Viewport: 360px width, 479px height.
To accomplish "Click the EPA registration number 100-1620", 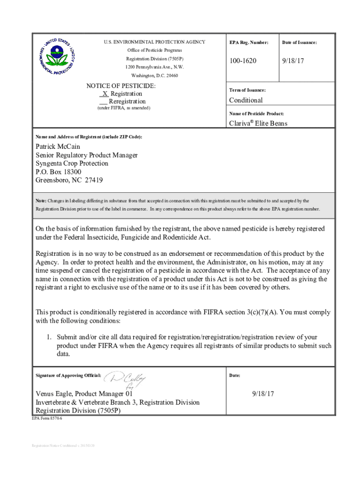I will point(243,61).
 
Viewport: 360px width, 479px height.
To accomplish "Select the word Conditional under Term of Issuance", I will point(245,100).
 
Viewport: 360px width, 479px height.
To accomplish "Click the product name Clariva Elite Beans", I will point(258,123).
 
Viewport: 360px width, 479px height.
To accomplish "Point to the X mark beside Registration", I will point(105,94).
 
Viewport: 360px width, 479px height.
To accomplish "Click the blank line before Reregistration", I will point(103,102).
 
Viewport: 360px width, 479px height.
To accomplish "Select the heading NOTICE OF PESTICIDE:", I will point(121,86).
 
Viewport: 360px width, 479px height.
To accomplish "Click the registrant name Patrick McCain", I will point(57,147).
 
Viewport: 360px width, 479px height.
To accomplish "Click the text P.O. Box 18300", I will point(59,172).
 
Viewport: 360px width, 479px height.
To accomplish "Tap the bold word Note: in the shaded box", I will point(42,201).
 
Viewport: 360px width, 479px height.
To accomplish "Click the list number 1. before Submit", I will point(48,337).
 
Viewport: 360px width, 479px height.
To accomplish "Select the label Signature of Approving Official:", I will point(68,376).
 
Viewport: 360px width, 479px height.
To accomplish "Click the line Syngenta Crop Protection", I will point(72,163).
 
